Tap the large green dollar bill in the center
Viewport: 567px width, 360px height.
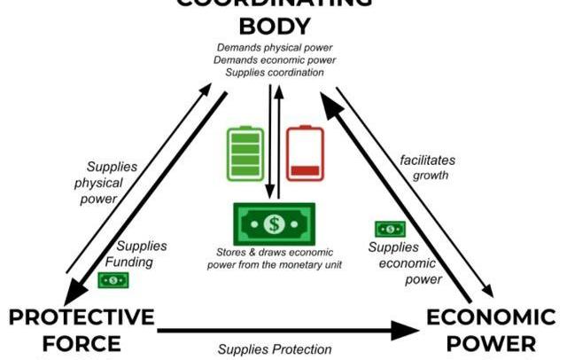(x=275, y=225)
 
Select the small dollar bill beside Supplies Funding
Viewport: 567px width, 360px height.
(x=113, y=280)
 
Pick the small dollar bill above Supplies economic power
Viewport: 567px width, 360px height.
(x=390, y=230)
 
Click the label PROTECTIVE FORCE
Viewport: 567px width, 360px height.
(x=82, y=331)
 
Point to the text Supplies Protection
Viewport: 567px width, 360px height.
(x=275, y=349)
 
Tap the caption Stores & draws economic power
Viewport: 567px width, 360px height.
(x=274, y=259)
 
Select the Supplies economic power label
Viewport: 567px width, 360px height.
(x=404, y=263)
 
